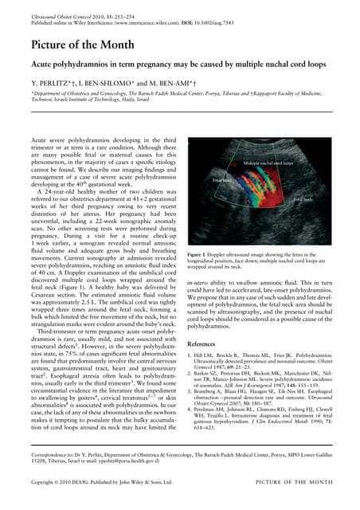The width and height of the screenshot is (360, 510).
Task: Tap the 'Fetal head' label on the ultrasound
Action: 221,181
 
